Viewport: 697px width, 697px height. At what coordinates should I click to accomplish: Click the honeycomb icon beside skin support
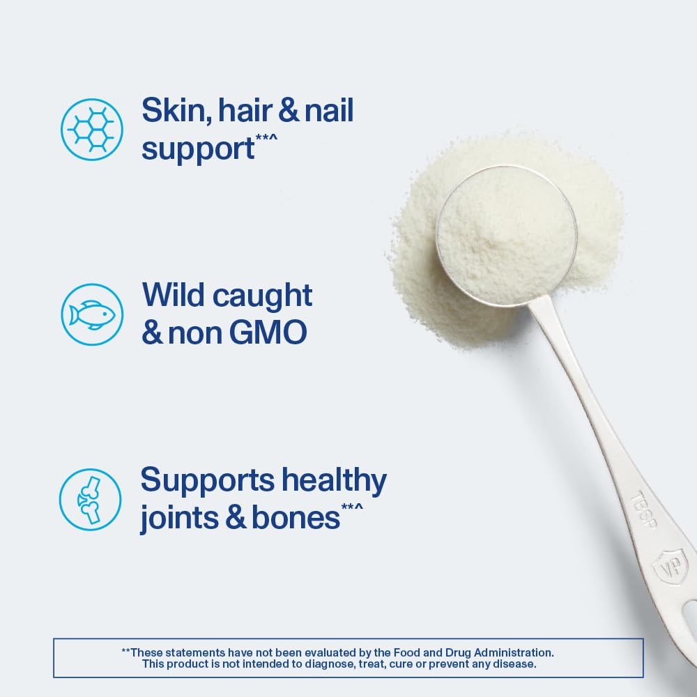[91, 130]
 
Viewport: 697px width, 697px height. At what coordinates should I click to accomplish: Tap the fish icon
[91, 314]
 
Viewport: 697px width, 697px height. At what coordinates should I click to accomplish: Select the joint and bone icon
[90, 498]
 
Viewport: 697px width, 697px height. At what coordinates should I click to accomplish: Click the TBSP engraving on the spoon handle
[642, 508]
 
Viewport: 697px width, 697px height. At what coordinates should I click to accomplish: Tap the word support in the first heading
[198, 148]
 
